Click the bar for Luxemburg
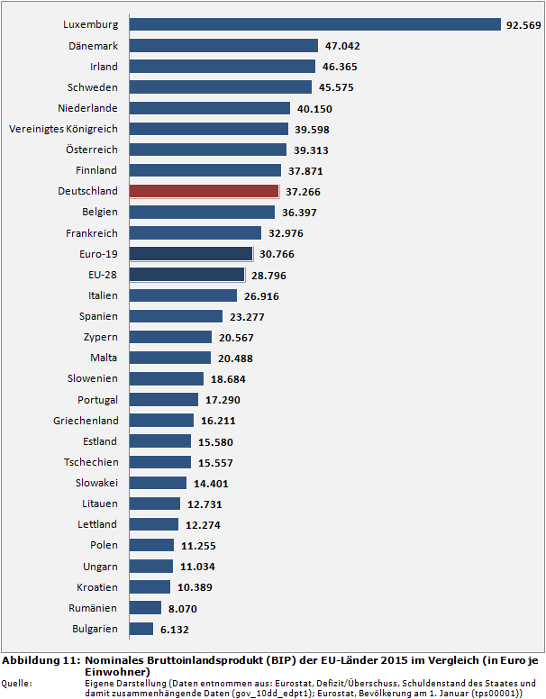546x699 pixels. [x=315, y=24]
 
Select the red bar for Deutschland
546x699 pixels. [x=204, y=191]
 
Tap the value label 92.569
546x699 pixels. [x=523, y=25]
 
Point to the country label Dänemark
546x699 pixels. [x=93, y=45]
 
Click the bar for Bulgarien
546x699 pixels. [x=141, y=629]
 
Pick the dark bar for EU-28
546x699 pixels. [x=187, y=275]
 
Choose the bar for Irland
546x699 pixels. [x=222, y=67]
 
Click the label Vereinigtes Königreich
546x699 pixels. [x=63, y=129]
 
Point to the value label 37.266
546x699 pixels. [x=303, y=192]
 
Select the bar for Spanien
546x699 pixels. [x=176, y=316]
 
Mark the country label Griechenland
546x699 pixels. [x=86, y=421]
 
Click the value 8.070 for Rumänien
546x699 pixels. [x=184, y=609]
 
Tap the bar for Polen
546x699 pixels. [x=151, y=545]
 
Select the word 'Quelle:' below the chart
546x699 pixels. [x=18, y=683]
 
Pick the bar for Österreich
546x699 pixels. [x=207, y=150]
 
